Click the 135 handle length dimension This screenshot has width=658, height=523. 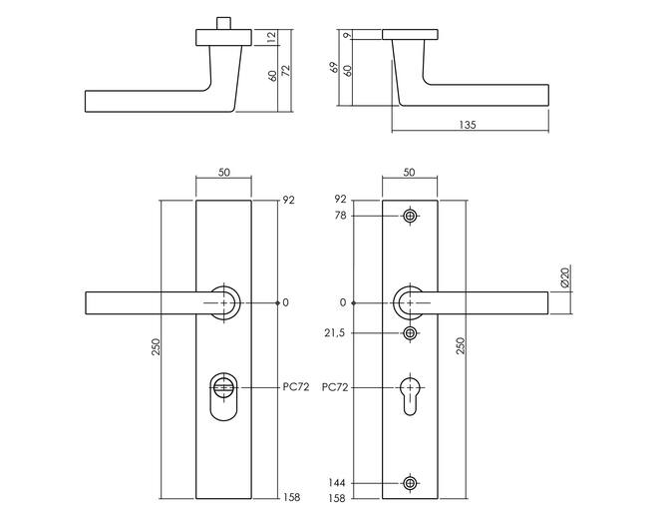[x=468, y=125]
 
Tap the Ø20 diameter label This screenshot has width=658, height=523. [x=565, y=277]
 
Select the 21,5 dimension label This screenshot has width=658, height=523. [x=334, y=333]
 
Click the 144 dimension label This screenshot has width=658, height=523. [x=337, y=483]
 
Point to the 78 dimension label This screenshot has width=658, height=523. [x=340, y=216]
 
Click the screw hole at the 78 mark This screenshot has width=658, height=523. [x=410, y=217]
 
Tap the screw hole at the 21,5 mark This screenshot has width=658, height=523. [x=410, y=333]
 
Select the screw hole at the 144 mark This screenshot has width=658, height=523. [x=410, y=483]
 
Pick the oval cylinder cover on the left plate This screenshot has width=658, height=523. [x=223, y=396]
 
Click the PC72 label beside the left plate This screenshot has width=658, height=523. [x=296, y=387]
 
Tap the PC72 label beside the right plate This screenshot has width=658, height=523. [x=335, y=387]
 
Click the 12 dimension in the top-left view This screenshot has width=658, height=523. [x=272, y=37]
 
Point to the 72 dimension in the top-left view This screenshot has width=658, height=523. [x=286, y=71]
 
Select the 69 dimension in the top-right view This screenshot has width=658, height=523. [x=334, y=67]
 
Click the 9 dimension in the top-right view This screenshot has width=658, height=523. [x=347, y=36]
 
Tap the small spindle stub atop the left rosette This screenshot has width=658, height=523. [x=223, y=24]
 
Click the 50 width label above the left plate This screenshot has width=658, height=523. [x=224, y=173]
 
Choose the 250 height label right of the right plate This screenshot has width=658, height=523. [x=461, y=345]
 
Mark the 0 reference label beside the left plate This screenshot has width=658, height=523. [x=286, y=302]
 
